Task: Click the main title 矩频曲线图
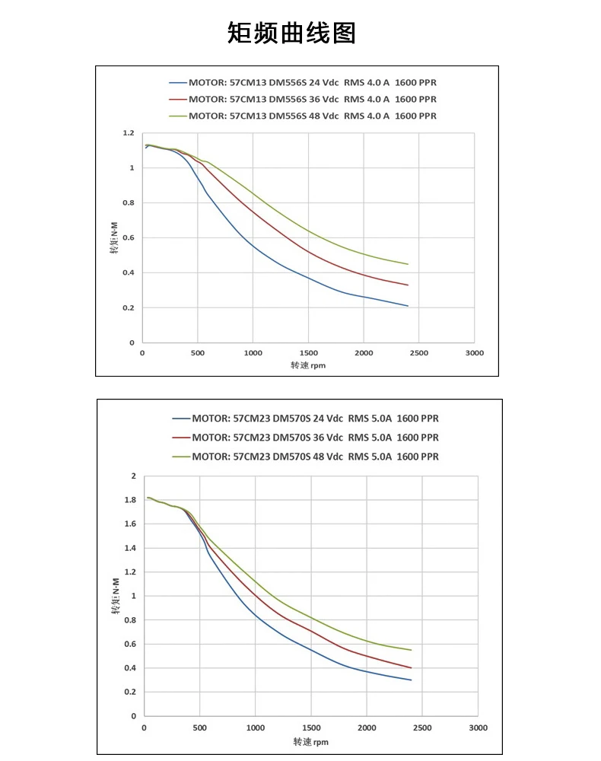291,33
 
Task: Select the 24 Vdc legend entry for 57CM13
312,82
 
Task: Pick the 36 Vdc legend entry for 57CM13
312,99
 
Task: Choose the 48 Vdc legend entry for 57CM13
312,116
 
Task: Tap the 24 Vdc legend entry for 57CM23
315,418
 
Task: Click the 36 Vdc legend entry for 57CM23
315,438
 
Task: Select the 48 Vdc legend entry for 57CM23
315,457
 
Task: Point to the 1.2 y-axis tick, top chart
128,133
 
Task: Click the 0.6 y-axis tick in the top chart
128,238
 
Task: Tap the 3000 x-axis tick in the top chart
474,354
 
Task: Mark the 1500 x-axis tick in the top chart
308,354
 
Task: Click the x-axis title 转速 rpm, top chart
308,365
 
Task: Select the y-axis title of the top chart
113,237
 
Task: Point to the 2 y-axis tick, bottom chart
133,476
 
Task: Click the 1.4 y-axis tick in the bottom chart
129,548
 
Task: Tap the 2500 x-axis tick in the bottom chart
422,728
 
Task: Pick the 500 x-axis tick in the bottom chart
200,728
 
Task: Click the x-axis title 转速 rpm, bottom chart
311,741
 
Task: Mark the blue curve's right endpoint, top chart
409,306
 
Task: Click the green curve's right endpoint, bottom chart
412,650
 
